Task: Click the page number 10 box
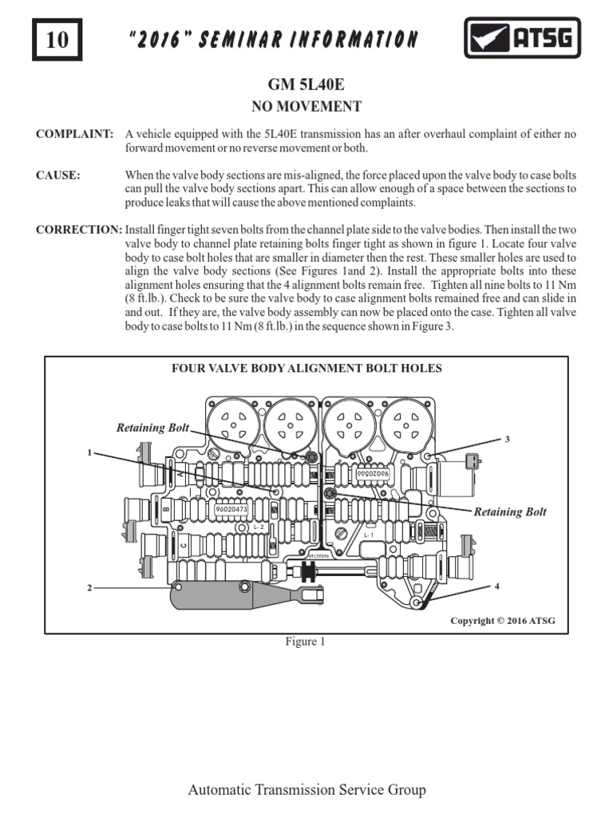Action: [x=57, y=39]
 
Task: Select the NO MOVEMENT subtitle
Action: [x=306, y=106]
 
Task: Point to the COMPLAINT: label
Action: [x=74, y=134]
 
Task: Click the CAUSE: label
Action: [x=58, y=176]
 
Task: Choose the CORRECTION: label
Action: [x=78, y=230]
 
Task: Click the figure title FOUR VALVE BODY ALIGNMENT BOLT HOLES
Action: [x=307, y=368]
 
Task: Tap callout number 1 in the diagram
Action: [x=90, y=452]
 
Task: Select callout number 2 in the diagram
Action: [x=90, y=588]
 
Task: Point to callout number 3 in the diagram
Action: [x=506, y=440]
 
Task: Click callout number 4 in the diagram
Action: [x=496, y=586]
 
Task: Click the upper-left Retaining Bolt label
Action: [x=152, y=428]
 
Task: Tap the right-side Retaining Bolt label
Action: [x=510, y=511]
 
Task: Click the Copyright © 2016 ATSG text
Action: [x=502, y=621]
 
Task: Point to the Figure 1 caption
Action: [x=306, y=642]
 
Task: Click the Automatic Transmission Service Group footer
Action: [x=306, y=790]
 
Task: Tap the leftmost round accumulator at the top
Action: [x=233, y=420]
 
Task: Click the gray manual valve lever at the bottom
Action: [x=231, y=594]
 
